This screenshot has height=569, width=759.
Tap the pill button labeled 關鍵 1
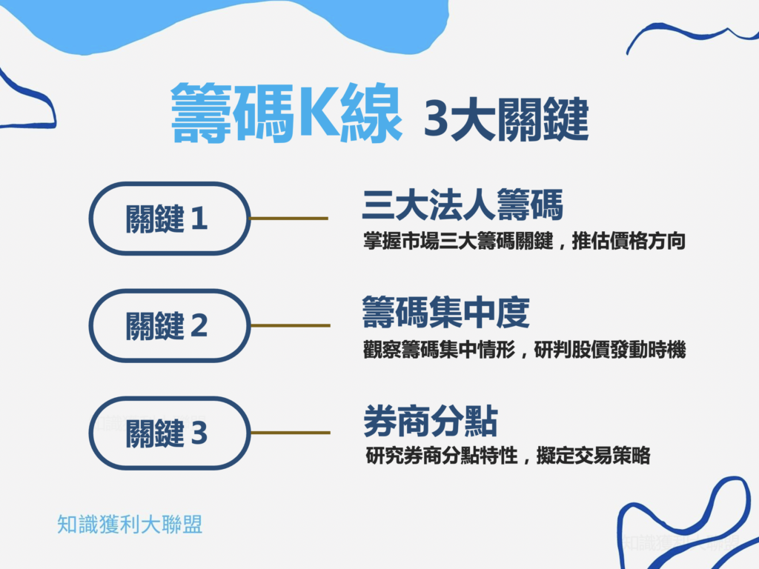(170, 219)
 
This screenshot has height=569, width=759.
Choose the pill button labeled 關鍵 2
(170, 325)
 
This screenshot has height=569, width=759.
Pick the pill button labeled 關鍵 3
(170, 433)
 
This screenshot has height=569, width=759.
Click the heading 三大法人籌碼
(462, 205)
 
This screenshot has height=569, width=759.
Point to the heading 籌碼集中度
(446, 312)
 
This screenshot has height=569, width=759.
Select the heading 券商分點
(430, 422)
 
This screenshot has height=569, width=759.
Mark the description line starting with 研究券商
(508, 456)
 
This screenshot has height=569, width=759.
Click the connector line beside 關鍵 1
(289, 219)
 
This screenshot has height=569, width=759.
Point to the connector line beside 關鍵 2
(290, 325)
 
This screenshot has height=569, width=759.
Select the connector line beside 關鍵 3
(290, 433)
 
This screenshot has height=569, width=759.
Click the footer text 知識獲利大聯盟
(130, 525)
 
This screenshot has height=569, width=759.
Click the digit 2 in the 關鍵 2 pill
(199, 326)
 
